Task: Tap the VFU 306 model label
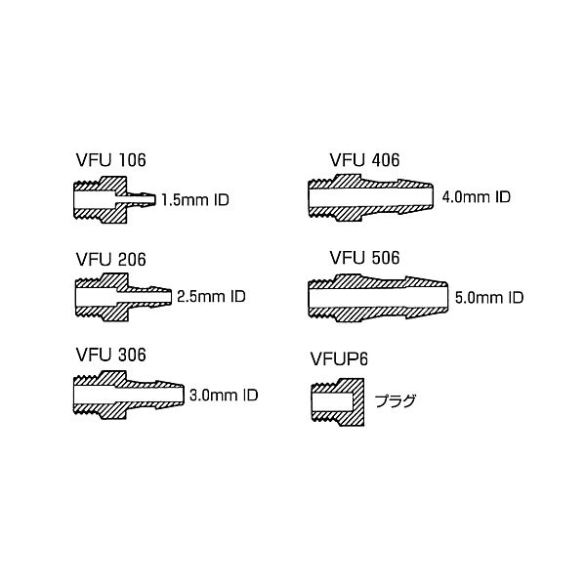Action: pyautogui.click(x=111, y=355)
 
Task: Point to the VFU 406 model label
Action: pyautogui.click(x=365, y=160)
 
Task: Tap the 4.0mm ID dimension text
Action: pyautogui.click(x=477, y=196)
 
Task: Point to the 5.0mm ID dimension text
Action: pyautogui.click(x=490, y=296)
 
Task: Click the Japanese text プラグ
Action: pyautogui.click(x=396, y=398)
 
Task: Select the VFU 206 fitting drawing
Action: pyautogui.click(x=122, y=294)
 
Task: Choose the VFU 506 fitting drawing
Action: pyautogui.click(x=377, y=295)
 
